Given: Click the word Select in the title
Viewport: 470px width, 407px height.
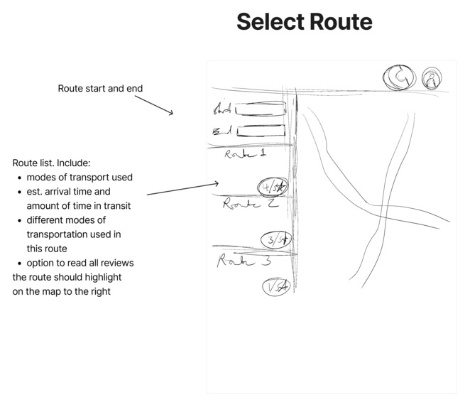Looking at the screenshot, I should pos(268,22).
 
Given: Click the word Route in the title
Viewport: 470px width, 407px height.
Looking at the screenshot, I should pos(339,22).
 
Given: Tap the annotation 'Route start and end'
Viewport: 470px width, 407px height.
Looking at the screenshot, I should pos(100,89).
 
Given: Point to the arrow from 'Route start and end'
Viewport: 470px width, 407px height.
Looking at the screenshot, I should pos(153,104).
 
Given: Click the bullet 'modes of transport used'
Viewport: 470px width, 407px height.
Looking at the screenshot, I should pos(80,178).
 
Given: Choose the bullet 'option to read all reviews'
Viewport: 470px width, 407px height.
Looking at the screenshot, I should pos(80,263).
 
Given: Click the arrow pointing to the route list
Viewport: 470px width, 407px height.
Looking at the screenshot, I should pos(183,189).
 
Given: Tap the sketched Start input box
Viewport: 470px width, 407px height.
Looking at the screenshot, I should pos(260,109).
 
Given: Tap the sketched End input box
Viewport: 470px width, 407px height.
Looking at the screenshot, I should pos(260,131).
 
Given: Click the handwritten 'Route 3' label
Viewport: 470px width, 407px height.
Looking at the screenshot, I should pos(234,261).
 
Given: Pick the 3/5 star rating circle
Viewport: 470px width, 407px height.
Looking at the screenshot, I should pos(275,240).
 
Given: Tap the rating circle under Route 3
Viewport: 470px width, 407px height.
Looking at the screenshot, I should pos(275,287).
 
